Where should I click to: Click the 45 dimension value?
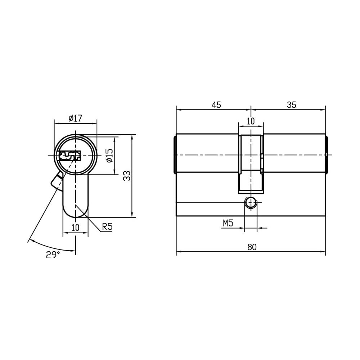click(216, 105)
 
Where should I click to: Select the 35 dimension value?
click(292, 105)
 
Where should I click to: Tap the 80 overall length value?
click(252, 247)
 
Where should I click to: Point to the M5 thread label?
click(228, 223)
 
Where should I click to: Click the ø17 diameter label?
click(75, 118)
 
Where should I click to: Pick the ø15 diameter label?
click(109, 156)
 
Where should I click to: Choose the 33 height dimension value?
click(127, 176)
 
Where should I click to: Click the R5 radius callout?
click(107, 227)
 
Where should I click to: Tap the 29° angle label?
click(53, 255)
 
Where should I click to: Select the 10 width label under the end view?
click(75, 228)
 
